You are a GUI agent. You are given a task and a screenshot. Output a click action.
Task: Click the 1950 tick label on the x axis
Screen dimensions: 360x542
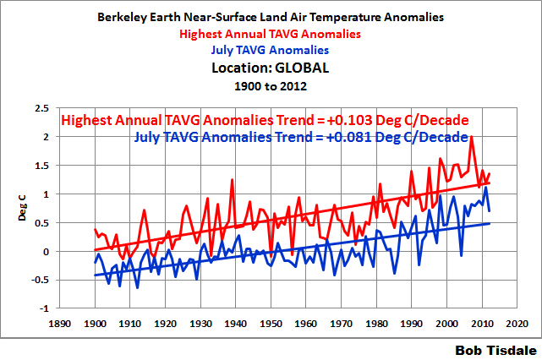pos(271,322)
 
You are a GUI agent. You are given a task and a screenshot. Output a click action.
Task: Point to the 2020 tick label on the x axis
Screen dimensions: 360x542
pos(518,322)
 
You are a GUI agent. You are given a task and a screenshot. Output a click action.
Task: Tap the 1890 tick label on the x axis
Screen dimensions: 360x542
pos(58,322)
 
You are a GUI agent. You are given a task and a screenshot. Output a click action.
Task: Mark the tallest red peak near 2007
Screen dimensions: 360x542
pos(471,138)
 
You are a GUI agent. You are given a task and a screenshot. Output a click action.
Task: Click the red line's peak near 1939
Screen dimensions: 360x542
pos(231,180)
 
